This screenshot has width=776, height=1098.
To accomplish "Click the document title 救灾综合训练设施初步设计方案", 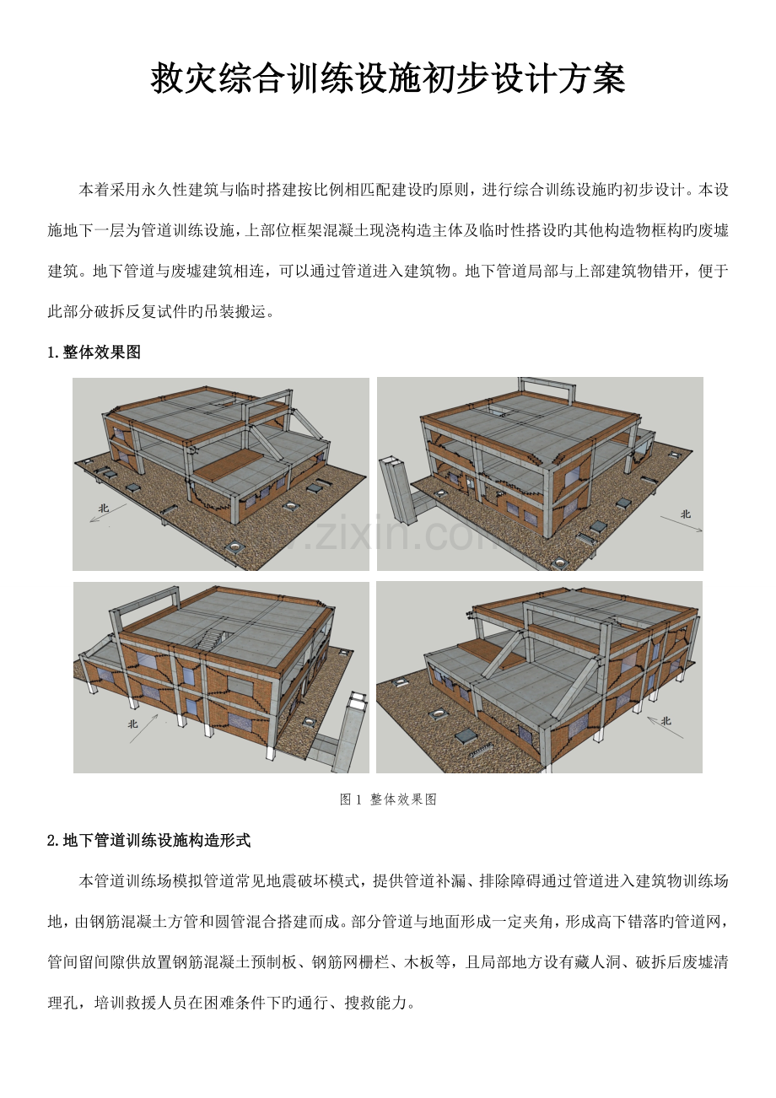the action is [388, 79].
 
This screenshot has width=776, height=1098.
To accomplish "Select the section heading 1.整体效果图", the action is [94, 352].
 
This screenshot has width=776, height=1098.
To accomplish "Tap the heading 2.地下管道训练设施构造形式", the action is [149, 840].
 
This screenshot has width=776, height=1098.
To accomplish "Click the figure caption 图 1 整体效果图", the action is [388, 799].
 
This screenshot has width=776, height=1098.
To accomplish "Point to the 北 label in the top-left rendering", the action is [103, 508].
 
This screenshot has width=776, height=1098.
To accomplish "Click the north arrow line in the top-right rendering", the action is [682, 523].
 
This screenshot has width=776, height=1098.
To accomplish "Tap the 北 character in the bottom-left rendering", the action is [132, 724].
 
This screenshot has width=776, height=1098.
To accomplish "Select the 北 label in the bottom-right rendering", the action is [666, 720].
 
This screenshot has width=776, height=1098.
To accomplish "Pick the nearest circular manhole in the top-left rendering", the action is [235, 546].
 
